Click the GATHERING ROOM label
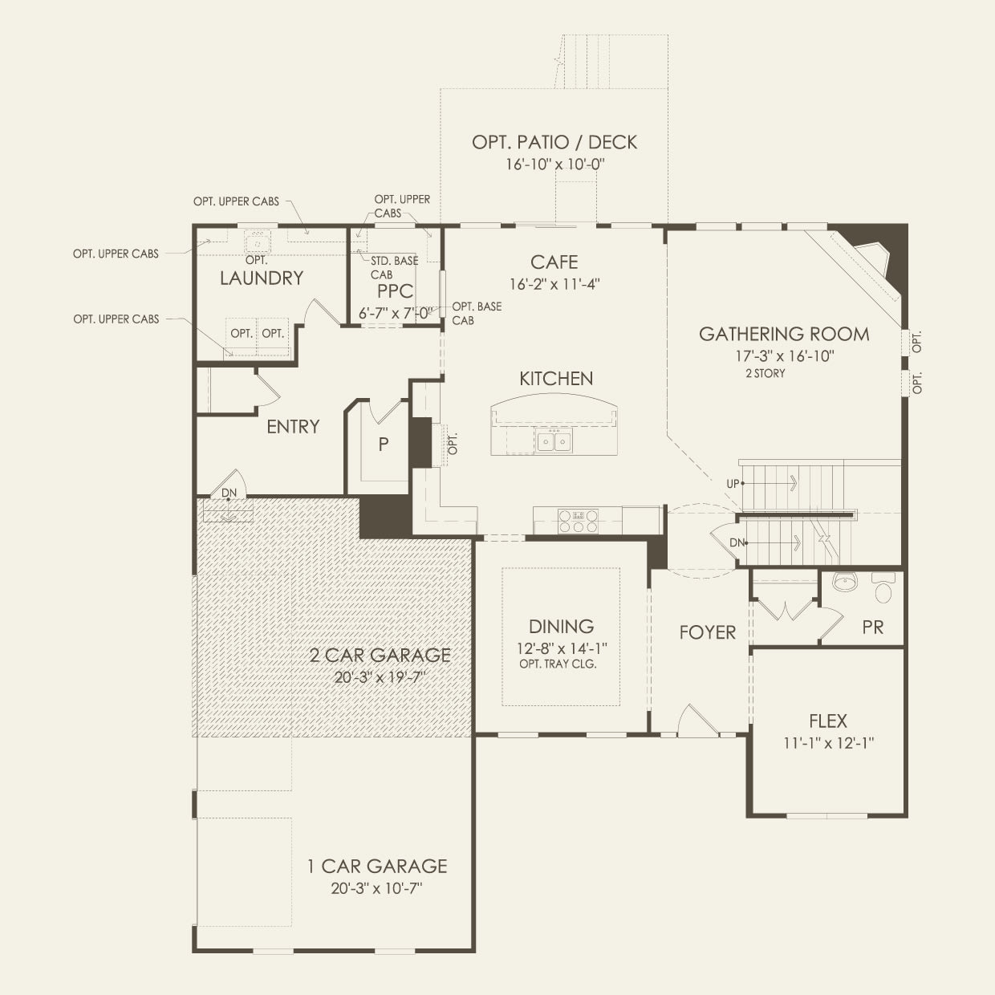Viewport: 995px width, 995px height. [784, 334]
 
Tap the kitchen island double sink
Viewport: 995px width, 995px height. [554, 442]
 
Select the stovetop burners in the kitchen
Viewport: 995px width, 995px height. [578, 521]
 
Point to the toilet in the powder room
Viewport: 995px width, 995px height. [883, 587]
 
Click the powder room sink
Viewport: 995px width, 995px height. [845, 582]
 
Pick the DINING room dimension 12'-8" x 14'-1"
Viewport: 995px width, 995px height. [562, 648]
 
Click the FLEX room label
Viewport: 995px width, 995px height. [828, 721]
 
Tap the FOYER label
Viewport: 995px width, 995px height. [708, 632]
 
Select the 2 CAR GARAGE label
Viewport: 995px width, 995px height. [380, 655]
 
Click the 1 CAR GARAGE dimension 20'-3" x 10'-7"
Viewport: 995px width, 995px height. [377, 888]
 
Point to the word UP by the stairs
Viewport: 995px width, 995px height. [733, 484]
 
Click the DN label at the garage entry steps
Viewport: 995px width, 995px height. [229, 493]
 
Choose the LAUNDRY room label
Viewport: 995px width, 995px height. [262, 278]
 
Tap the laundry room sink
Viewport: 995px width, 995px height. [257, 242]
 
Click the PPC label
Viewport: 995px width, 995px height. [395, 291]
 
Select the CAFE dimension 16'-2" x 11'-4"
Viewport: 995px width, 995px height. [554, 284]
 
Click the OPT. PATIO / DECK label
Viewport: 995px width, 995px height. [554, 142]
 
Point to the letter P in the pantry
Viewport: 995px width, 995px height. [383, 444]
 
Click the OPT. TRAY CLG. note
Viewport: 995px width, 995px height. [558, 664]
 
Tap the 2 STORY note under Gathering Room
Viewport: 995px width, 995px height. [766, 373]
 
